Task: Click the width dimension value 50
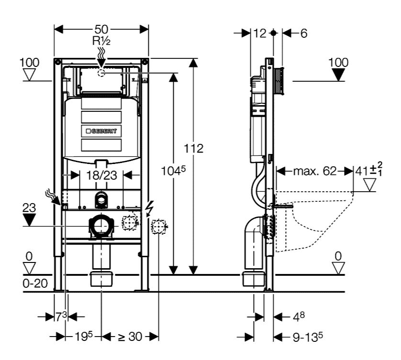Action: (x=101, y=30)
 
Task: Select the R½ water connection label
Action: (x=101, y=41)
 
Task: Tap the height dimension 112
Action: (x=194, y=148)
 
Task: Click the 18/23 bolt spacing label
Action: (x=100, y=175)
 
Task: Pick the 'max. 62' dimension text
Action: (x=314, y=171)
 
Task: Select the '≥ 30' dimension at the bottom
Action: (x=130, y=337)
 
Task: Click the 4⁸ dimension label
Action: (x=298, y=316)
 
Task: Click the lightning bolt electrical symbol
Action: (x=150, y=208)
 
